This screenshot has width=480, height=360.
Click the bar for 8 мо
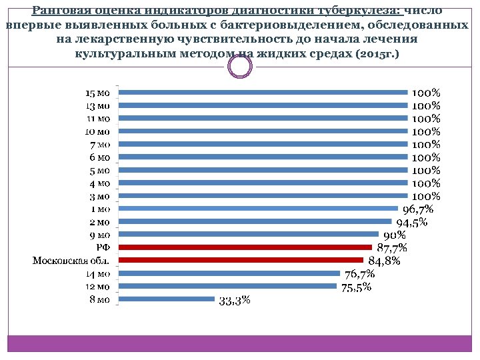[x=166, y=299]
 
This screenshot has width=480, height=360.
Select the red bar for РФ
[x=245, y=247]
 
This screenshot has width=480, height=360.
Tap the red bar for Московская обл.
[x=241, y=260]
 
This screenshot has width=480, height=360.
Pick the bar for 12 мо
[x=227, y=286]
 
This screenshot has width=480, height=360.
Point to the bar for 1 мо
[x=257, y=209]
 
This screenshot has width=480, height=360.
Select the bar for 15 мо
[x=263, y=93]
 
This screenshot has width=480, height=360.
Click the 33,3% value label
[x=235, y=301]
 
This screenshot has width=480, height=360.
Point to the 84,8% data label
[x=384, y=261]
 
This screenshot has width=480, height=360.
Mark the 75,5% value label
[x=356, y=287]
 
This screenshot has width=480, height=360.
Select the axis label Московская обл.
[x=71, y=260]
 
